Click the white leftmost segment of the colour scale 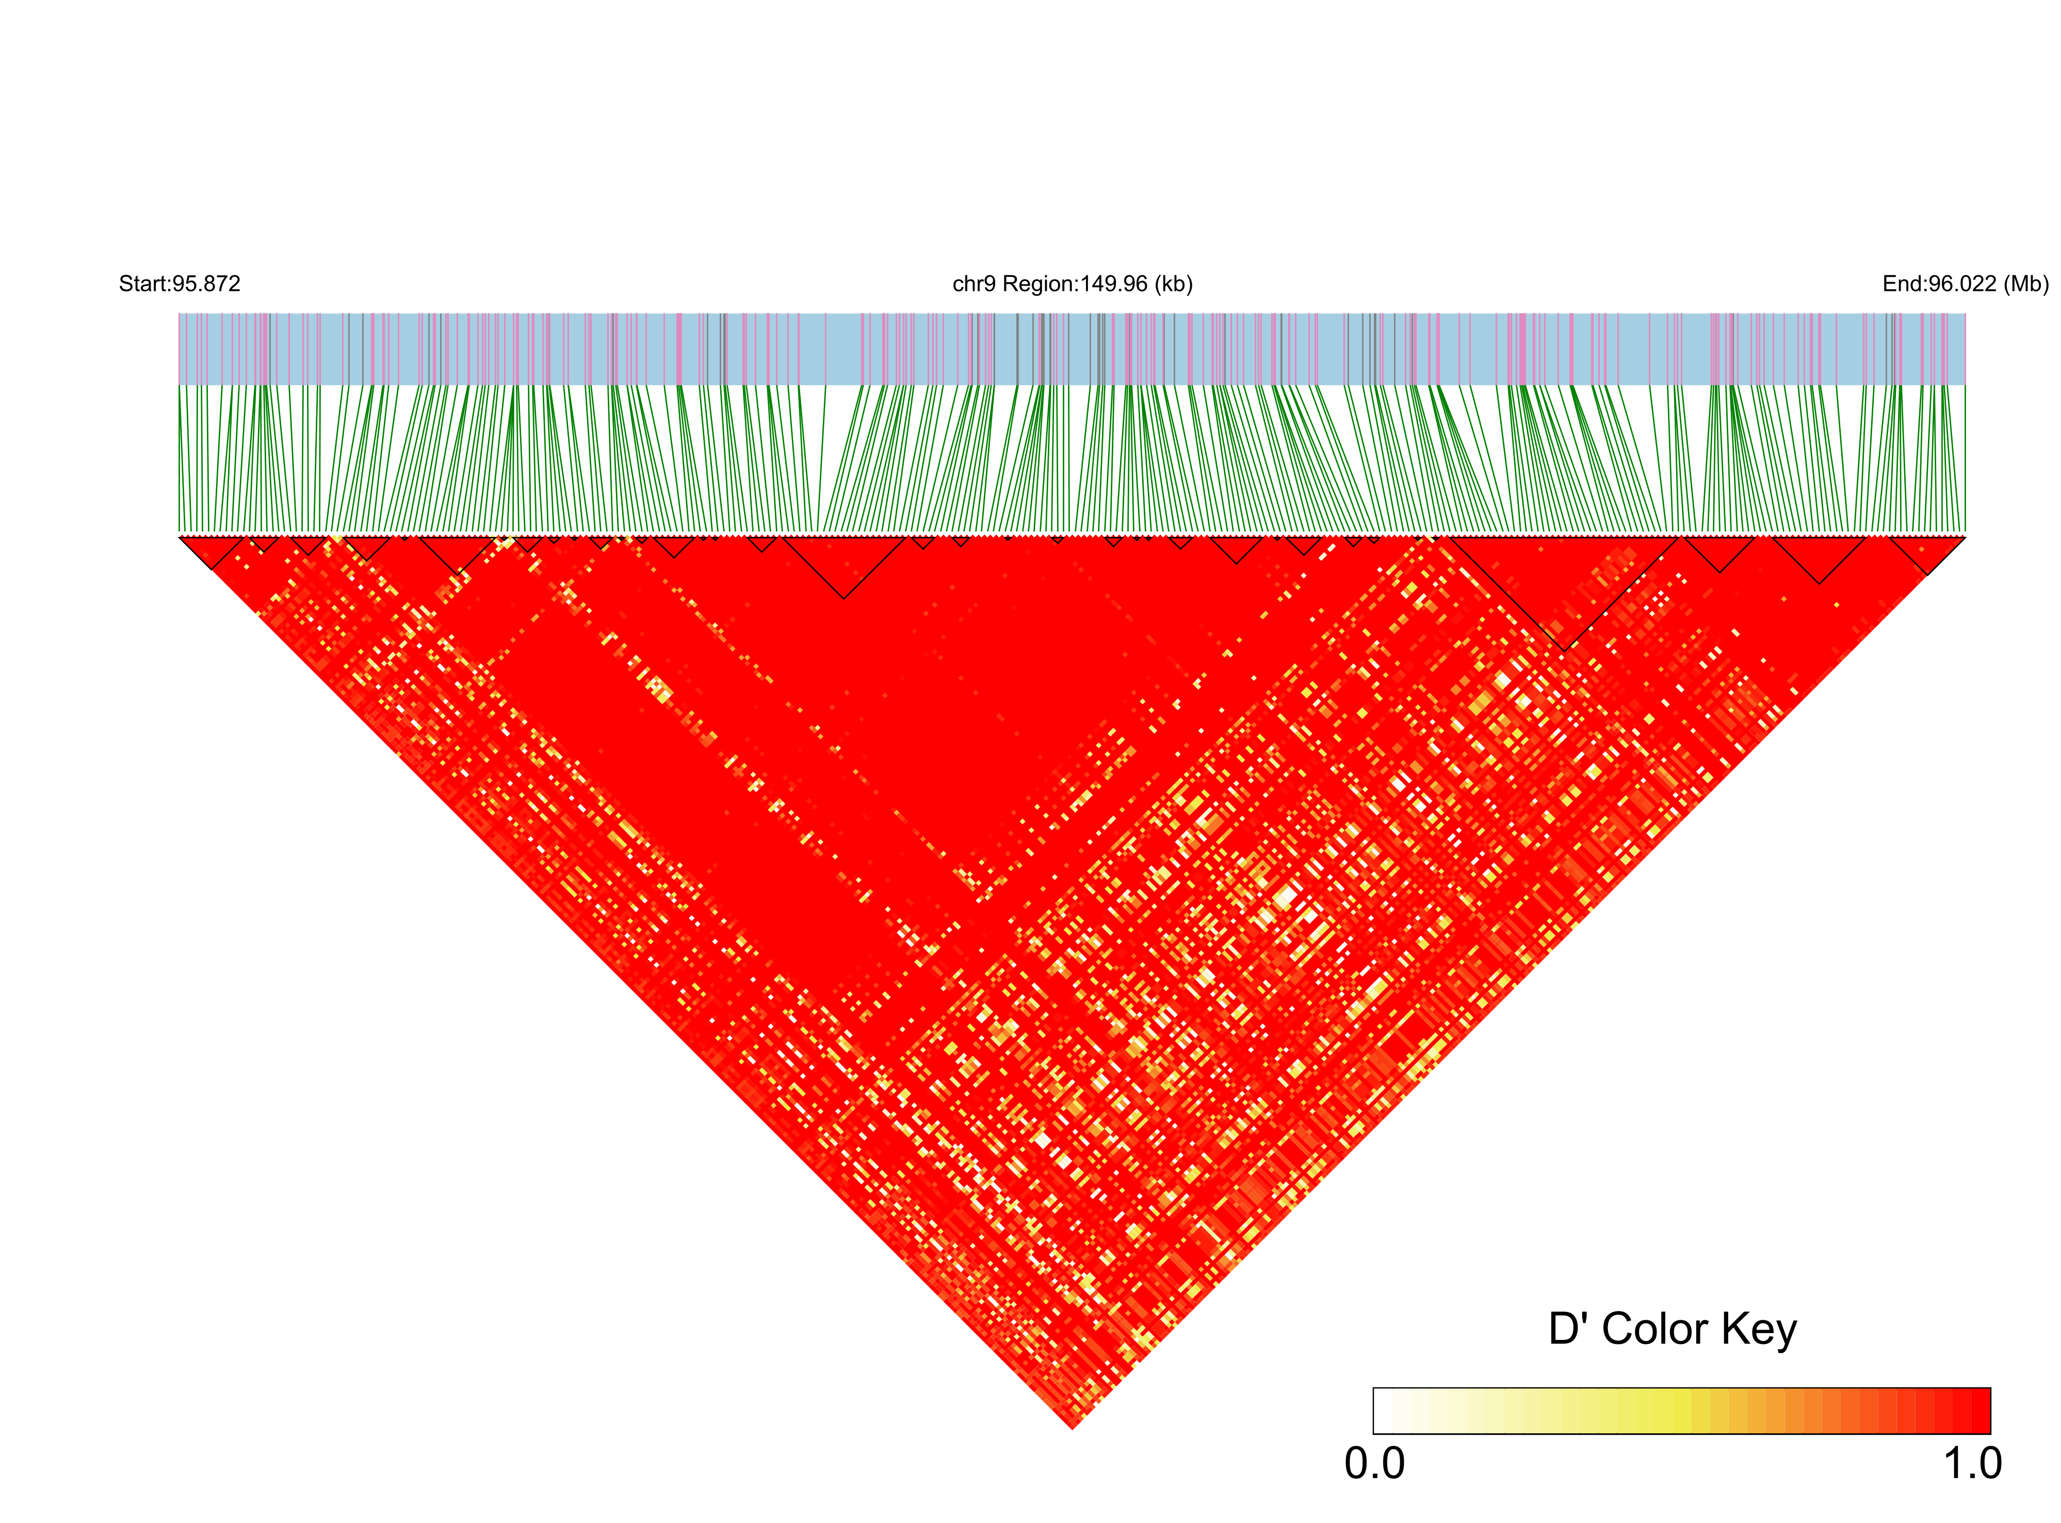coord(1383,1411)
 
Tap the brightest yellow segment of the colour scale coord(1680,1411)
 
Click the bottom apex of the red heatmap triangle coord(1073,1427)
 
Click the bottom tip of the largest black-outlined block coord(1563,649)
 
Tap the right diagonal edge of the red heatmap coord(1518,982)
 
